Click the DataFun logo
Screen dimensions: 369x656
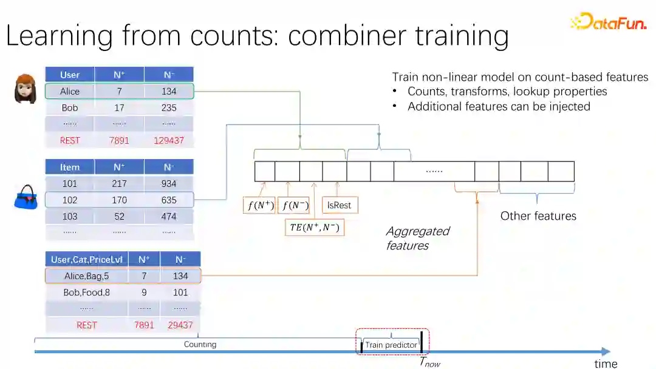click(x=608, y=22)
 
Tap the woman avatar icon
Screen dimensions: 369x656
click(x=26, y=89)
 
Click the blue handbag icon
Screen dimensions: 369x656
click(x=26, y=198)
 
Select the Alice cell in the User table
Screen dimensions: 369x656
click(x=70, y=92)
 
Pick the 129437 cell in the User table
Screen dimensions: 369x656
click(x=169, y=141)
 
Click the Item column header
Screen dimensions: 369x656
click(x=70, y=167)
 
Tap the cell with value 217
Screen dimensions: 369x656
click(x=119, y=183)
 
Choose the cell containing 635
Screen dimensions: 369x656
click(x=169, y=200)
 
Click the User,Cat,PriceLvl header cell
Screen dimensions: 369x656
click(x=87, y=259)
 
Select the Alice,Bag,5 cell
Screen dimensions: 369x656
click(x=87, y=276)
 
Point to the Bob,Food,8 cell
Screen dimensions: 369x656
click(x=87, y=292)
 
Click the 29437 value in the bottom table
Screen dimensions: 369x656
click(x=180, y=325)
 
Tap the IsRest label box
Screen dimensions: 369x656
click(x=339, y=205)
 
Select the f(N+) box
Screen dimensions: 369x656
click(x=259, y=205)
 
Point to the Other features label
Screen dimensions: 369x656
click(x=538, y=216)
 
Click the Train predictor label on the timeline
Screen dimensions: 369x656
click(x=391, y=345)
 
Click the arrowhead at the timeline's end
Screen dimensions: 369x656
click(x=606, y=351)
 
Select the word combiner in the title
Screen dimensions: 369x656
click(x=346, y=36)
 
